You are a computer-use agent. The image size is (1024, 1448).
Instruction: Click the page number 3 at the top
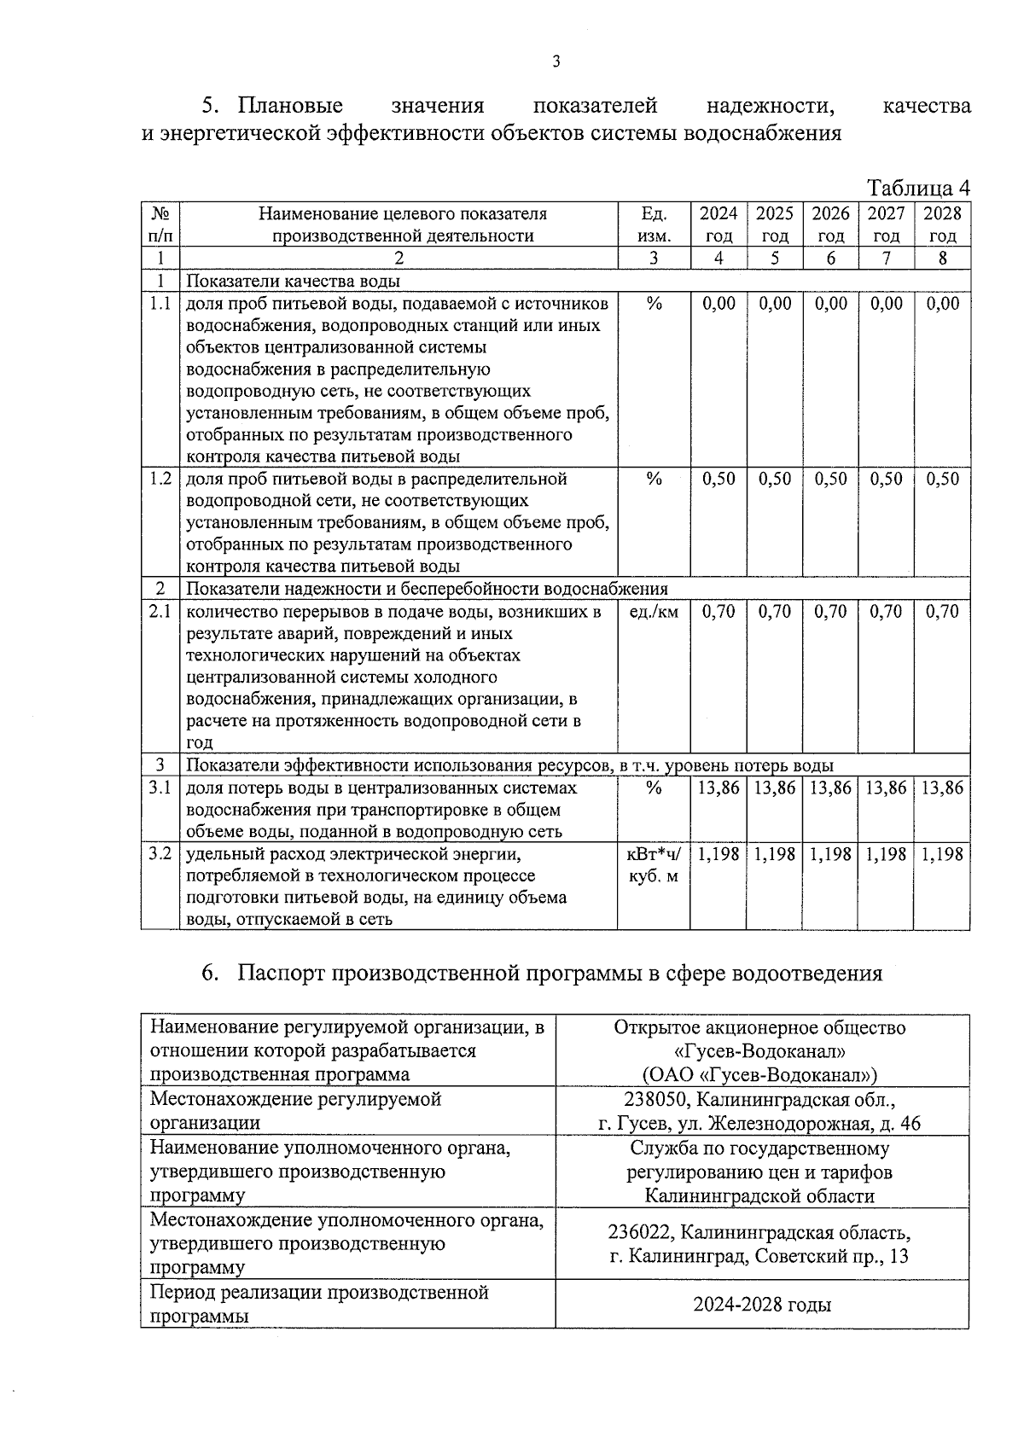pos(556,61)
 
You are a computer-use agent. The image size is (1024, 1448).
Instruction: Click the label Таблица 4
pos(918,187)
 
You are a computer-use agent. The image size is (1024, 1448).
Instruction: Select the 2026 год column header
pos(830,224)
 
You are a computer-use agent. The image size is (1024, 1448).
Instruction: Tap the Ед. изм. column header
pos(653,224)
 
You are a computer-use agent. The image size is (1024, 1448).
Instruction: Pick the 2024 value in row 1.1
pos(719,304)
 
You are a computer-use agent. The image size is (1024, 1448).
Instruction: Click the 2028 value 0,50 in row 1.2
pos(942,479)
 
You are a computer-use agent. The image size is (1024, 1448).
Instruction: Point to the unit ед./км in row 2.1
pos(654,612)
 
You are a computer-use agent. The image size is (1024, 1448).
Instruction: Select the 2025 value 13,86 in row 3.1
pos(775,788)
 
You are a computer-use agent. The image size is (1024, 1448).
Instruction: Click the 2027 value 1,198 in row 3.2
pos(886,854)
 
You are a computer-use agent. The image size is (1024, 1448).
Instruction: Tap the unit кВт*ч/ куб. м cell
pos(654,864)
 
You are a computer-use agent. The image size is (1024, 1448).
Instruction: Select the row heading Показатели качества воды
pos(293,281)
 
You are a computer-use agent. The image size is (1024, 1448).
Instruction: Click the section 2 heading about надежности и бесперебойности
pos(427,589)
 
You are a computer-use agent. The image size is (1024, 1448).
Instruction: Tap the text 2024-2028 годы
pos(762,1305)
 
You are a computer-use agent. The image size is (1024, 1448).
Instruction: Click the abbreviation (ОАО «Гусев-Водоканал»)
pos(759,1074)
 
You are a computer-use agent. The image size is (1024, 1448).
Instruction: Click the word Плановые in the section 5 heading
pos(290,106)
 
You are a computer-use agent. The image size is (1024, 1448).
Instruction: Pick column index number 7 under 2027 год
pos(886,258)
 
